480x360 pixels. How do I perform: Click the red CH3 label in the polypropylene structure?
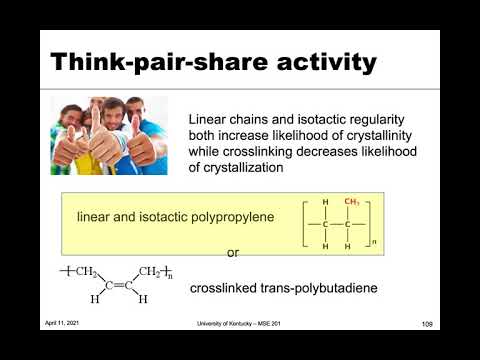click(x=352, y=202)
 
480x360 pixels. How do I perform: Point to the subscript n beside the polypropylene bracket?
click(x=375, y=242)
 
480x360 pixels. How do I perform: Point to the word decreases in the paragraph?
click(x=313, y=150)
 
